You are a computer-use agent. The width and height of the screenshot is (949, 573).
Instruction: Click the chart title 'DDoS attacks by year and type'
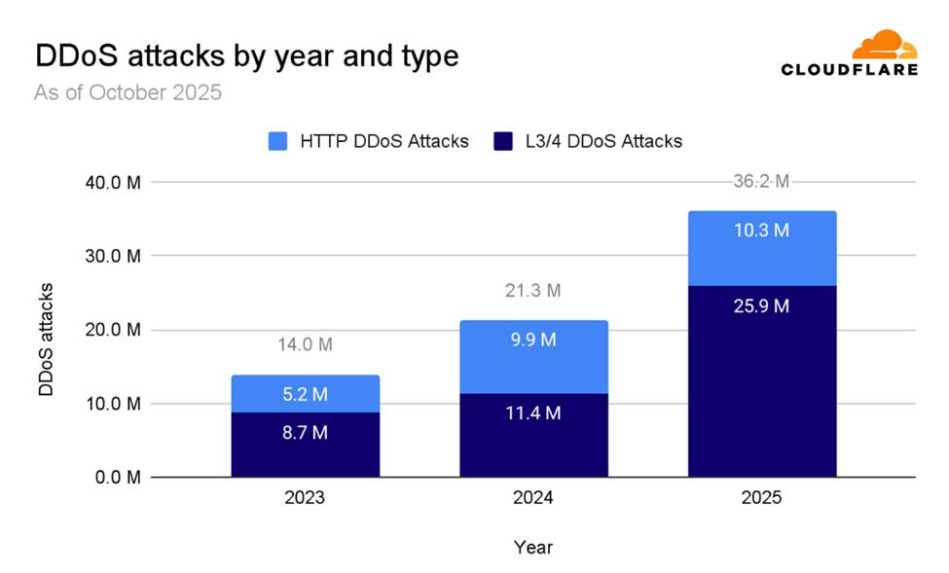click(x=246, y=55)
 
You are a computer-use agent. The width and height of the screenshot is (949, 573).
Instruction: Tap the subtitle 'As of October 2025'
click(x=128, y=93)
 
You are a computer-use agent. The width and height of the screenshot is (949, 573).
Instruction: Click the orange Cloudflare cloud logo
click(x=883, y=46)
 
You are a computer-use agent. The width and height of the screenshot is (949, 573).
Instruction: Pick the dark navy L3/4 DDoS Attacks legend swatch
click(x=503, y=141)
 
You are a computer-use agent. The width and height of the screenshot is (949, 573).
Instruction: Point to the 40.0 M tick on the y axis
click(x=115, y=182)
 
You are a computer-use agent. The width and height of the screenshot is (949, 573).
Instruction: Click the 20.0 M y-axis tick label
click(x=115, y=330)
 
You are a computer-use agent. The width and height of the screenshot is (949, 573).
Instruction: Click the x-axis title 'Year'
click(x=532, y=548)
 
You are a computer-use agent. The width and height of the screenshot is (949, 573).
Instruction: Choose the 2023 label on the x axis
click(x=305, y=498)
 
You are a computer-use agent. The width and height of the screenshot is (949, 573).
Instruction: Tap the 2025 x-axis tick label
click(x=761, y=498)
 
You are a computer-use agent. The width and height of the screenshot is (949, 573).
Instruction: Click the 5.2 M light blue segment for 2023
click(x=305, y=395)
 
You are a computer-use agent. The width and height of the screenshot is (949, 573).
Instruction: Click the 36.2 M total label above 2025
click(x=761, y=181)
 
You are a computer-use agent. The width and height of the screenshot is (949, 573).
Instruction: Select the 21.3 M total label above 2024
click(x=533, y=290)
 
